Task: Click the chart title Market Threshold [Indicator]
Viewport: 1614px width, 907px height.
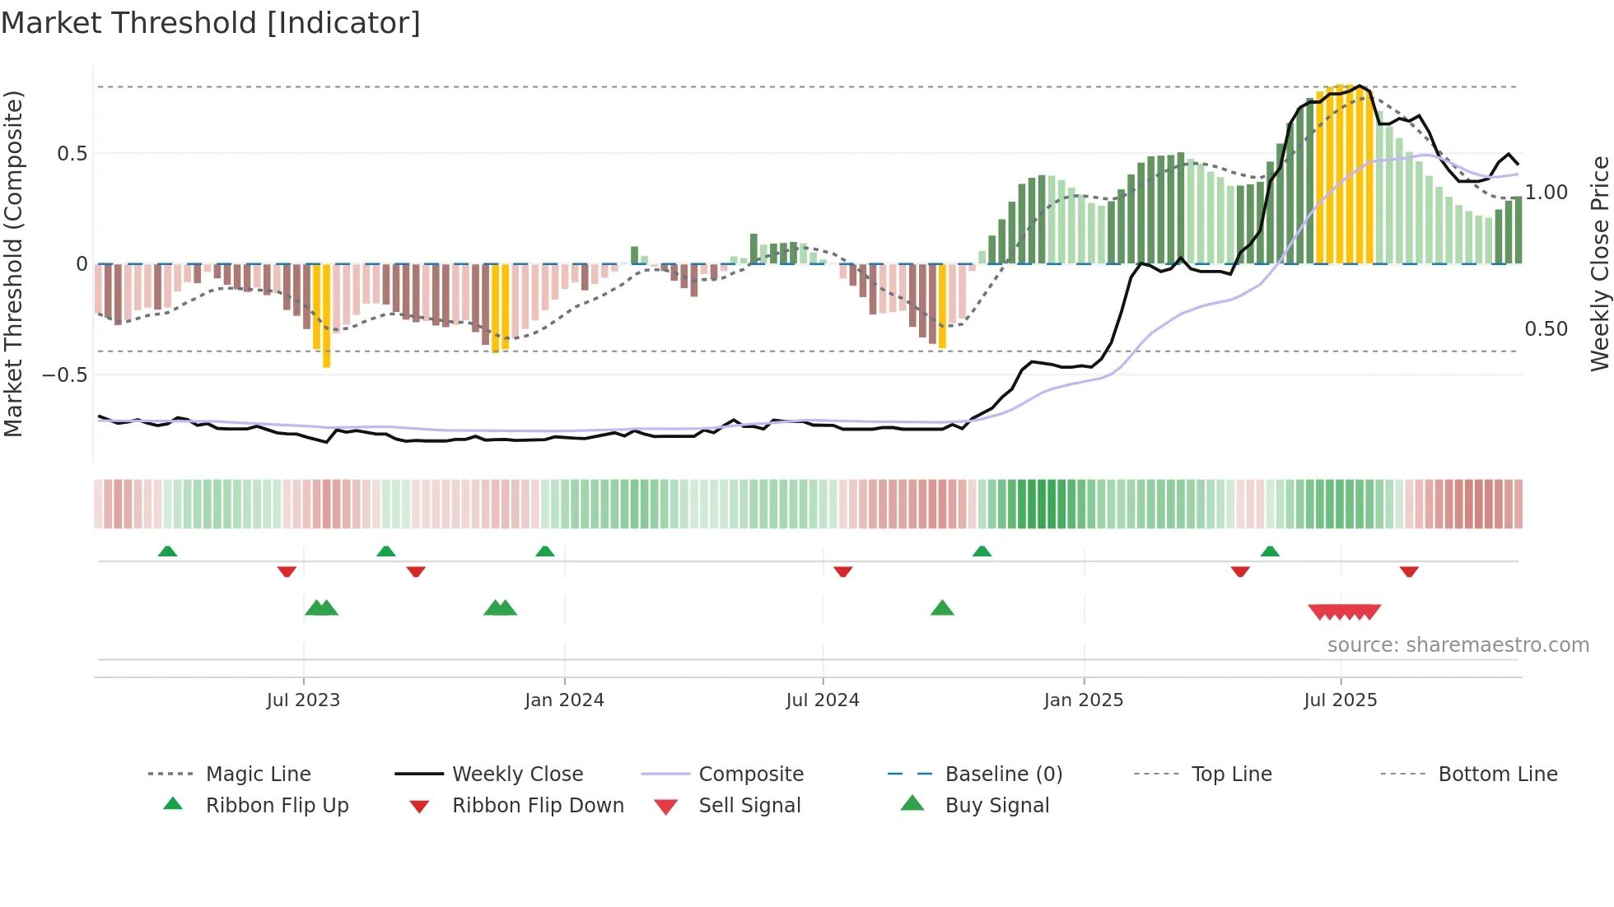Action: tap(211, 23)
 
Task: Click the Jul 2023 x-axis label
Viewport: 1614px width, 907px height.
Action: tap(303, 700)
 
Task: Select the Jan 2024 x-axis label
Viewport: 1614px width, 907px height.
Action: tap(564, 700)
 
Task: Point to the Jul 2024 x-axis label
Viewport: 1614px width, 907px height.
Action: tap(822, 700)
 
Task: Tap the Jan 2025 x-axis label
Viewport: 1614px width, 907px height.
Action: tap(1083, 700)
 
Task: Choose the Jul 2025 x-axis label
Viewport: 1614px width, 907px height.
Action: tap(1340, 700)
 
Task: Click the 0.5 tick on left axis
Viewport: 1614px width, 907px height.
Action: tap(72, 154)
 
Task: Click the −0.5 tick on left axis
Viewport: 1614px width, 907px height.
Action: tap(65, 374)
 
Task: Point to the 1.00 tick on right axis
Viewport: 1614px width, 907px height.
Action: tap(1546, 193)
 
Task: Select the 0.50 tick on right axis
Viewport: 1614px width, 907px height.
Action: tap(1546, 329)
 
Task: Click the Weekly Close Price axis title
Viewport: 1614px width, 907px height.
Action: tap(1599, 263)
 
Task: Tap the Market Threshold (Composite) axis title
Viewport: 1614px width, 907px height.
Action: tap(13, 263)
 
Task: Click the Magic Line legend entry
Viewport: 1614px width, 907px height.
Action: tap(258, 774)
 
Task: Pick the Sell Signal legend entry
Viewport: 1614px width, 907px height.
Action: tap(749, 806)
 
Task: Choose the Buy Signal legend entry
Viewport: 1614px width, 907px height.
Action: tap(996, 806)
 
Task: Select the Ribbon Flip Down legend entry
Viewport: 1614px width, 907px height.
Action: tap(538, 806)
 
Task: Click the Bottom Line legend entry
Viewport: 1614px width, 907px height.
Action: tap(1497, 774)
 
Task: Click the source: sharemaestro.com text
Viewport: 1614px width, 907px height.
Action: tap(1458, 645)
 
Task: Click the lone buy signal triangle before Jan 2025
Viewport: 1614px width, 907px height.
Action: tap(942, 609)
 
